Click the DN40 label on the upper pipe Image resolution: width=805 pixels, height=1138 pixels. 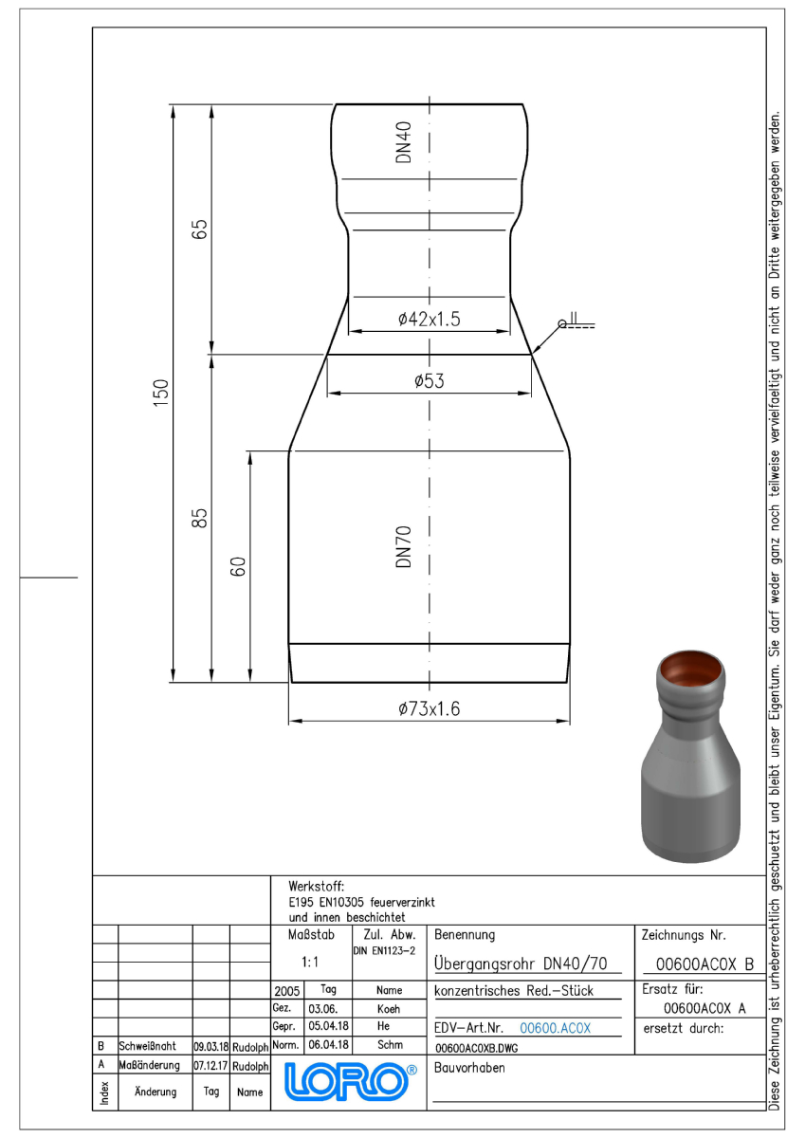[x=403, y=142]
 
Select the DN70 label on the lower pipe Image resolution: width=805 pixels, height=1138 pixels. [x=403, y=546]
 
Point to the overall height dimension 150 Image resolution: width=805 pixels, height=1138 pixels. [x=160, y=393]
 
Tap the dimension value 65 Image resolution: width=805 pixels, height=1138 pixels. [x=200, y=229]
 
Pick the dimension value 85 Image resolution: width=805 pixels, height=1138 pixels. [x=200, y=518]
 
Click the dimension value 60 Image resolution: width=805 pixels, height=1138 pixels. [x=238, y=566]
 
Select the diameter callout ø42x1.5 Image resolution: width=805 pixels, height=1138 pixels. [x=430, y=319]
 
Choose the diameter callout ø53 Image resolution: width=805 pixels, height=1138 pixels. [x=430, y=380]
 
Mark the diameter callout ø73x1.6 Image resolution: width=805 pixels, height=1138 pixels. [x=430, y=708]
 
